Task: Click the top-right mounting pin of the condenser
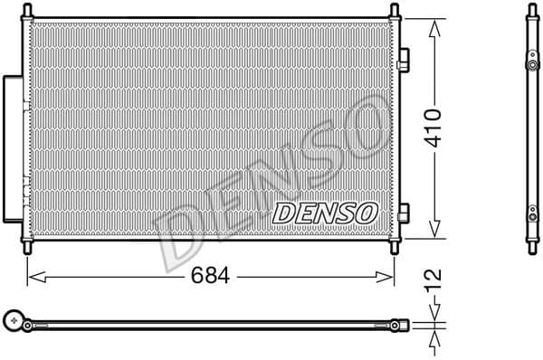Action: coord(395,12)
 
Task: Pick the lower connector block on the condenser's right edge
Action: coord(404,213)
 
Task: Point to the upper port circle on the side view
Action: coord(529,67)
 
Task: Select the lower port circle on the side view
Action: coord(529,216)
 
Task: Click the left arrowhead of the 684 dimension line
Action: coord(34,273)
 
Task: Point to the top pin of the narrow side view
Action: coord(529,11)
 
